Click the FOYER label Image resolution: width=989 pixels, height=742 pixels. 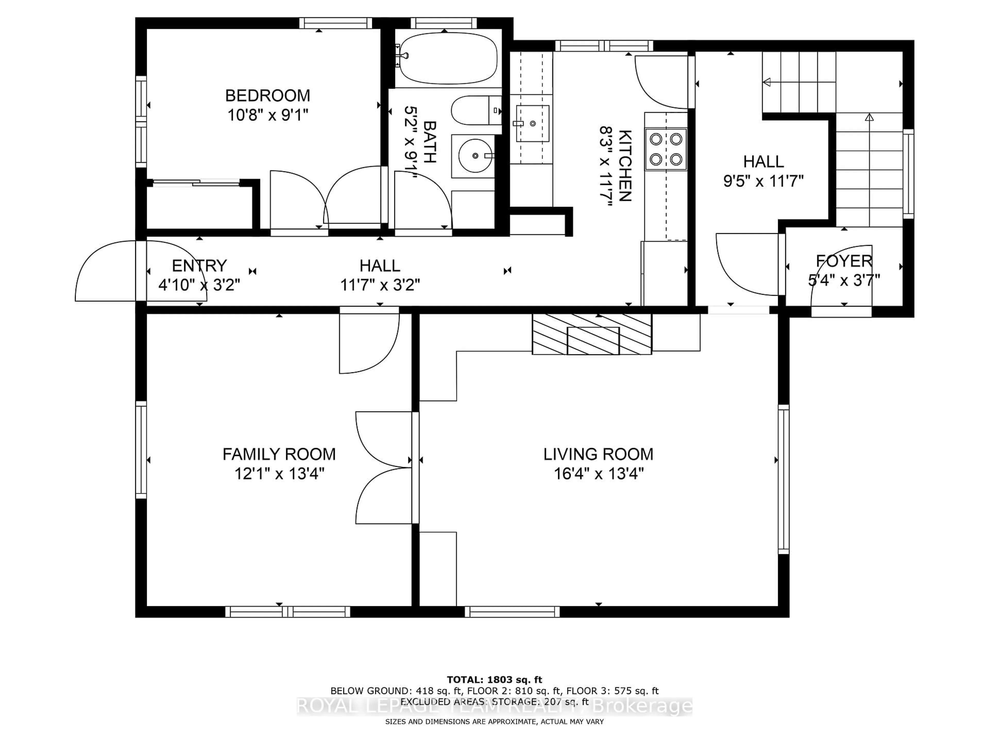pos(844,261)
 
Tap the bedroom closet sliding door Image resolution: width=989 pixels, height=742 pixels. pos(197,182)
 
